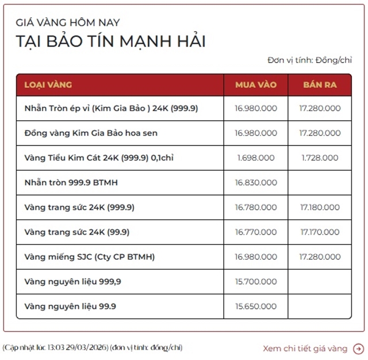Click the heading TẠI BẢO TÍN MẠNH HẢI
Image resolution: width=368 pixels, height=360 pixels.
[x=110, y=41]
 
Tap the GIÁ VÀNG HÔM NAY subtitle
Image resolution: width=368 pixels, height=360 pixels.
[x=68, y=22]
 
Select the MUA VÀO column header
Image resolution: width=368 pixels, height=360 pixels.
[x=256, y=85]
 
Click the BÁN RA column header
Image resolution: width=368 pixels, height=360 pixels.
[x=320, y=85]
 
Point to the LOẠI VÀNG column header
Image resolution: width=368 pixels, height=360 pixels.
[x=48, y=85]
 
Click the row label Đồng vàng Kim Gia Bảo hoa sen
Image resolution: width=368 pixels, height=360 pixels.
[x=91, y=133]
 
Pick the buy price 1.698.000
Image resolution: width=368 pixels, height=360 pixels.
[x=256, y=158]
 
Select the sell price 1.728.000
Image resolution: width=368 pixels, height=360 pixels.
[x=320, y=158]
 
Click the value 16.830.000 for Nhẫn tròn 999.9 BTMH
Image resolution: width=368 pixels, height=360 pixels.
[x=256, y=182]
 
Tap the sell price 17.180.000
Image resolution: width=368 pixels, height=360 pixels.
[x=320, y=207]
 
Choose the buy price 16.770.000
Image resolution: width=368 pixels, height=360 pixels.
[x=256, y=232]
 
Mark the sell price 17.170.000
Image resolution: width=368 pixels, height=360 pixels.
[x=320, y=232]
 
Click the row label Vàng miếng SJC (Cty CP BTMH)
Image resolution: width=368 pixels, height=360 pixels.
[x=90, y=256]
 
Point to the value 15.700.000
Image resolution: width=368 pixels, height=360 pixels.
[x=256, y=281]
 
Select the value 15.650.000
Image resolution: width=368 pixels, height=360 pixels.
[x=256, y=306]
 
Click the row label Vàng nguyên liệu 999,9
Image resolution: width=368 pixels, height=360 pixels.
[x=73, y=281]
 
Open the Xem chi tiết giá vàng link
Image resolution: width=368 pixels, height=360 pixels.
[x=305, y=348]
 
